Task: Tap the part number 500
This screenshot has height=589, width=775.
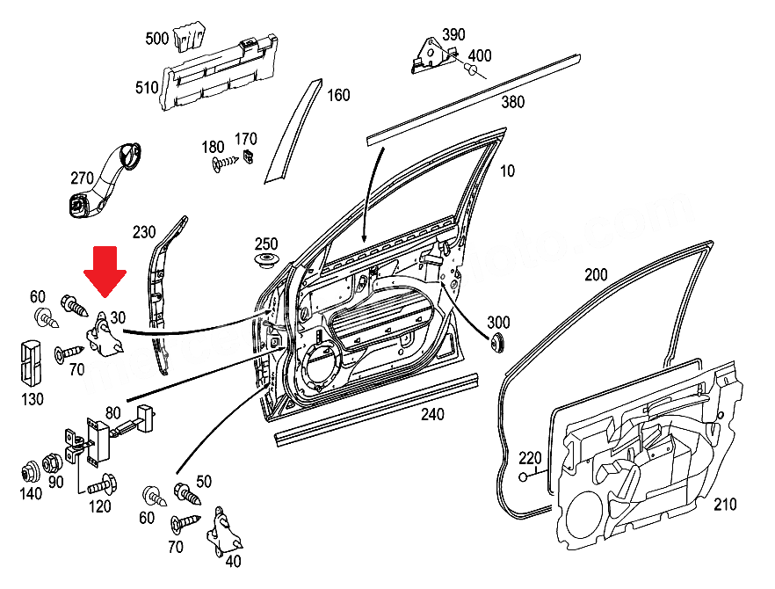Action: [x=157, y=39]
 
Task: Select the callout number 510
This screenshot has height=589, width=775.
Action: [x=146, y=87]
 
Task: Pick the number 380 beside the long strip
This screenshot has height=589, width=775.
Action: [x=512, y=102]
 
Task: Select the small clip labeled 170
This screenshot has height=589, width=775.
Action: [x=249, y=157]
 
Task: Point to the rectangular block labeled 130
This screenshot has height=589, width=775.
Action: [x=31, y=360]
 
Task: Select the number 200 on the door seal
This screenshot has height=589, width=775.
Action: [x=596, y=275]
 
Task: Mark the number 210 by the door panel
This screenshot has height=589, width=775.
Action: [x=724, y=505]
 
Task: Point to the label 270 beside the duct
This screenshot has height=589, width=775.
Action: [x=82, y=178]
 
